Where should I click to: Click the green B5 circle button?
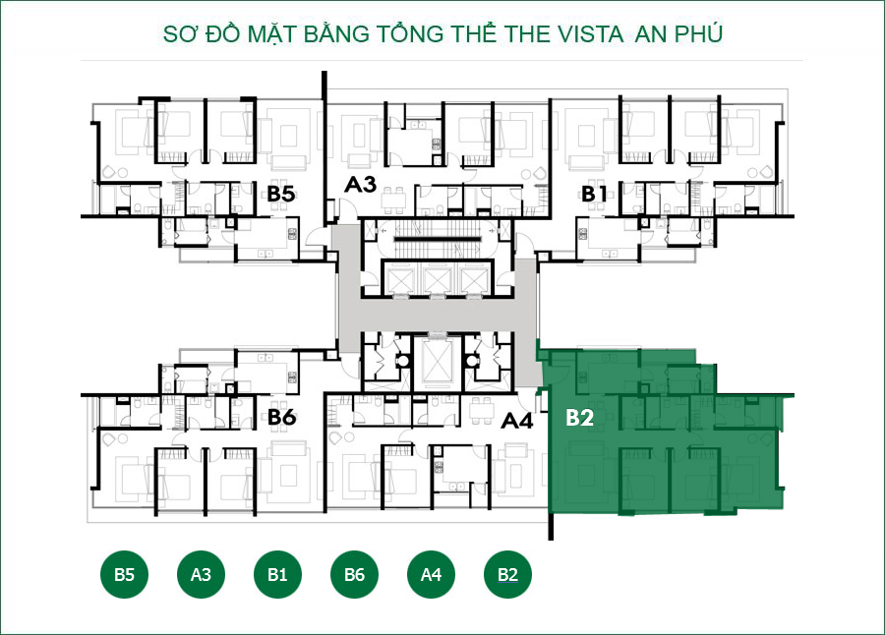click(x=124, y=575)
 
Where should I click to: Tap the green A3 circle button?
click(x=201, y=575)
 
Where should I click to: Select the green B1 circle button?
click(x=277, y=575)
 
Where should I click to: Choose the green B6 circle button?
click(x=354, y=575)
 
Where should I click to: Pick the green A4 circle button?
click(x=431, y=575)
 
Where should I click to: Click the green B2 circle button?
click(x=507, y=575)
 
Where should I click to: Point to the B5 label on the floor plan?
click(x=281, y=194)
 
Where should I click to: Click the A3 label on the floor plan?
click(x=360, y=184)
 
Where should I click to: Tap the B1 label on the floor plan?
click(x=594, y=194)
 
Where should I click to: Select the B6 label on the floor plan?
click(x=282, y=418)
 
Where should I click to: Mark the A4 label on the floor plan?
click(x=517, y=422)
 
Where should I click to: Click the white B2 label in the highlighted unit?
click(x=579, y=418)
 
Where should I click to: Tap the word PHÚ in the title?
click(x=694, y=34)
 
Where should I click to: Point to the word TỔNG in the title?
click(x=412, y=34)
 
